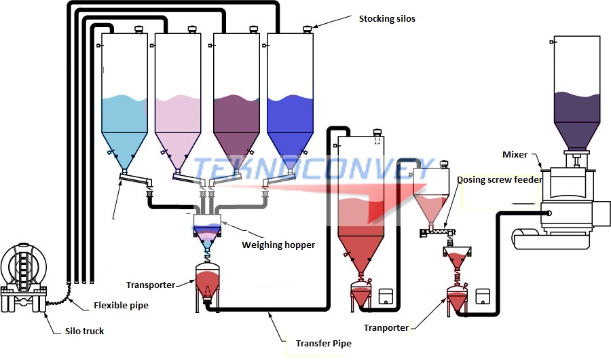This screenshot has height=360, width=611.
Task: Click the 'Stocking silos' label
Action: point(387,18)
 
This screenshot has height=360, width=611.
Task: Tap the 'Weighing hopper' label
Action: point(278,245)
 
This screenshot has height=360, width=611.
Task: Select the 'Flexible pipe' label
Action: point(120,305)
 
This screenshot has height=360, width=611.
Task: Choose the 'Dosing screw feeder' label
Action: point(499,180)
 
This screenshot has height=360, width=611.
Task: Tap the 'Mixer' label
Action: point(515,154)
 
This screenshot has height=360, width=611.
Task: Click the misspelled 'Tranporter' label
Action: point(386,327)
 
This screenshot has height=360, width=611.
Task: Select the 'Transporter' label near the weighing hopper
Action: point(151,285)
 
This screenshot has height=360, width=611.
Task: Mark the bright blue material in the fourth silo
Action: point(290,115)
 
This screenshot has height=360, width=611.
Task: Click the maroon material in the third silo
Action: point(236,115)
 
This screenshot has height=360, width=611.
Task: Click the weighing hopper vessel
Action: point(210,227)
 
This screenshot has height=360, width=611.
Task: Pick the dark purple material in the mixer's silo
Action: point(576,109)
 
